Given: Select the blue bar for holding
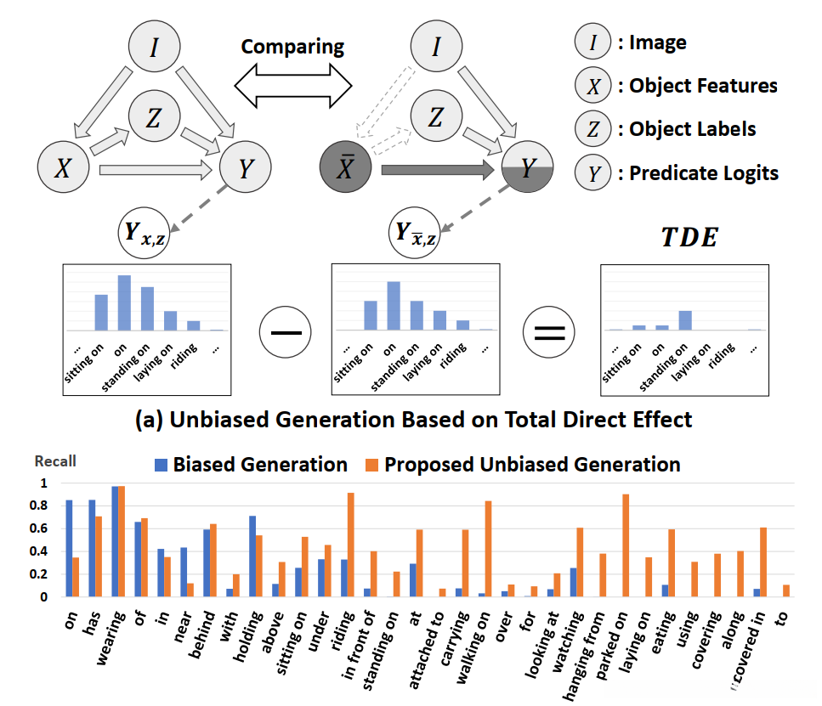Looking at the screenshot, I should [252, 556].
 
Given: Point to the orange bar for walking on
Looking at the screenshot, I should [489, 549].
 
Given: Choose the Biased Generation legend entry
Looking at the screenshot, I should [250, 465].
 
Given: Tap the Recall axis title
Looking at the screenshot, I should [55, 461].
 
